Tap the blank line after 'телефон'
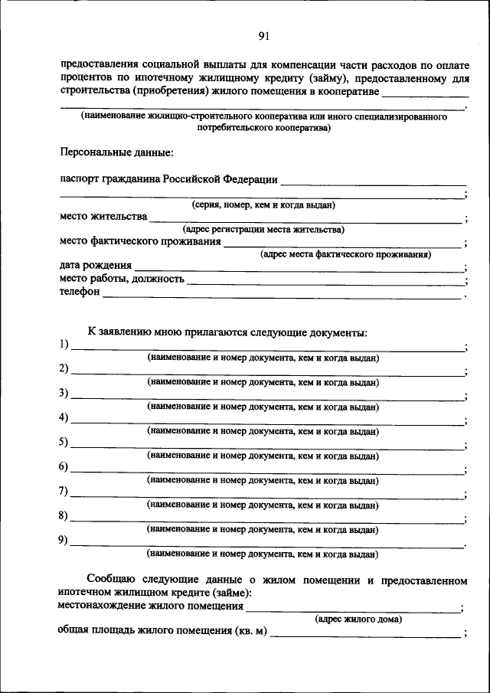coord(283,294)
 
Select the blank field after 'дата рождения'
coord(299,268)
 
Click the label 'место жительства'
coord(103,217)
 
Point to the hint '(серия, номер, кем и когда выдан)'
coord(263,205)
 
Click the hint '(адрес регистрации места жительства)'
coord(263,229)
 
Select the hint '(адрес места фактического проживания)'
coord(345,254)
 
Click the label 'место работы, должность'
coord(122,279)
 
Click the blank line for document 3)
coord(267,397)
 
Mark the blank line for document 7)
coord(267,495)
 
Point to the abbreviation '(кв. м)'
coord(250,631)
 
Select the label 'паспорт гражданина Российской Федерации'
coord(168,179)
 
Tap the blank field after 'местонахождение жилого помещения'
coord(353,608)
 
